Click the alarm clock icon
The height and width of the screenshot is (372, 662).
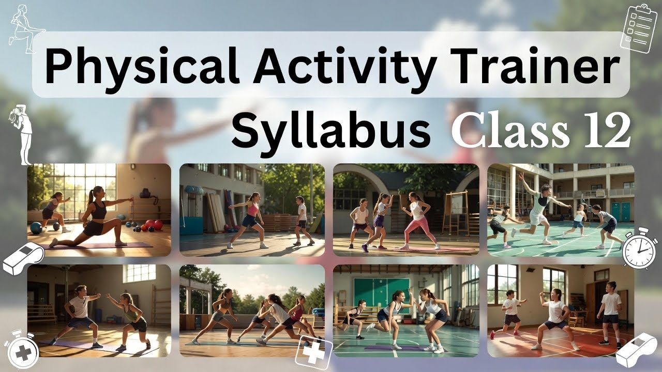click(x=639, y=247)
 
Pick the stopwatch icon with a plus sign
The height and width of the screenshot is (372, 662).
click(x=21, y=349)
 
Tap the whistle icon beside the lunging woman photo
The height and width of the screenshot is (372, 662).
click(x=23, y=258)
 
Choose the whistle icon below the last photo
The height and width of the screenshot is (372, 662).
click(x=636, y=349)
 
